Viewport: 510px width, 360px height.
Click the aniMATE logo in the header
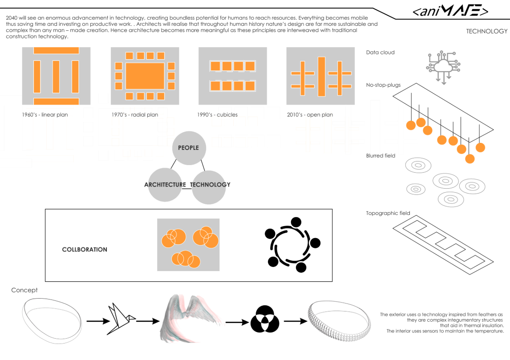[450, 11]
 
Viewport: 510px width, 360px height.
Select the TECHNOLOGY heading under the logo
[486, 31]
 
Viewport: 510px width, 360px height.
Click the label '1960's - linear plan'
[45, 115]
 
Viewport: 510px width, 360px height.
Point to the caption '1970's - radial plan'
[135, 115]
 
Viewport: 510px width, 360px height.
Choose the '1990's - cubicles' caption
[217, 115]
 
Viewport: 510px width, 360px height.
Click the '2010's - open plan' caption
[310, 115]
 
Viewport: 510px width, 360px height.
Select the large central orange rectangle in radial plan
[145, 76]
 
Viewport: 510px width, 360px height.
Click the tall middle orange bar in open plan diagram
[321, 77]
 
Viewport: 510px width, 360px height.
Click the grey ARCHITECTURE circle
[165, 184]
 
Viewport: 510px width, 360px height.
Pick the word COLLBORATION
[85, 250]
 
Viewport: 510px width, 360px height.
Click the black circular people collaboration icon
[292, 245]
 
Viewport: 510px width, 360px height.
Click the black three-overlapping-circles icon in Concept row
[264, 319]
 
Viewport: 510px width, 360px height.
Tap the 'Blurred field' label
[380, 156]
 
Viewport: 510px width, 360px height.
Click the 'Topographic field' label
[388, 213]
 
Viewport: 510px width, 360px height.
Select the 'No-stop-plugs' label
[383, 85]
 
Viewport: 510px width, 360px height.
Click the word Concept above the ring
[24, 290]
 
